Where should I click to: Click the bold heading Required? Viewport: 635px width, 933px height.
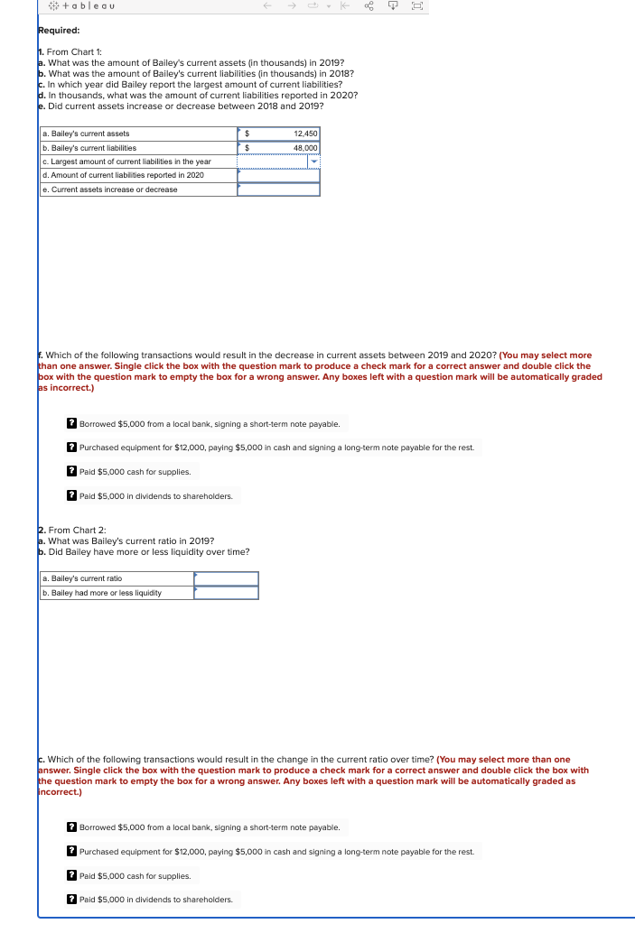tap(59, 30)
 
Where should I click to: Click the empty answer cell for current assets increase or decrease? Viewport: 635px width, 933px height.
tap(278, 189)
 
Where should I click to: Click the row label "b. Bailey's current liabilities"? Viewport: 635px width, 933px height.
tap(89, 147)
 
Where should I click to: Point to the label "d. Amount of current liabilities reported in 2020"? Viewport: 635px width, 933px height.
tap(123, 175)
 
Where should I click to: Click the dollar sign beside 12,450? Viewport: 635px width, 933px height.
tap(247, 134)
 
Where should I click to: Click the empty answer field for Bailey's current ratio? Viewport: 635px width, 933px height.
tap(226, 578)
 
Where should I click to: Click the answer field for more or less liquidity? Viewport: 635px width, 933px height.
tap(226, 593)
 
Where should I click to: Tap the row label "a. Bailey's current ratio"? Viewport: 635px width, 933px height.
tap(82, 578)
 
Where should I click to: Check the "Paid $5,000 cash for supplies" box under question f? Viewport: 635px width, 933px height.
tap(72, 471)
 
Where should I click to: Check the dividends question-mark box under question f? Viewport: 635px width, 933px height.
tap(72, 496)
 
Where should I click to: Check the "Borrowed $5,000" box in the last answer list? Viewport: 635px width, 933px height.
tap(72, 827)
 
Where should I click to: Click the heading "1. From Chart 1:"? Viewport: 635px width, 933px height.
tap(72, 52)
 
